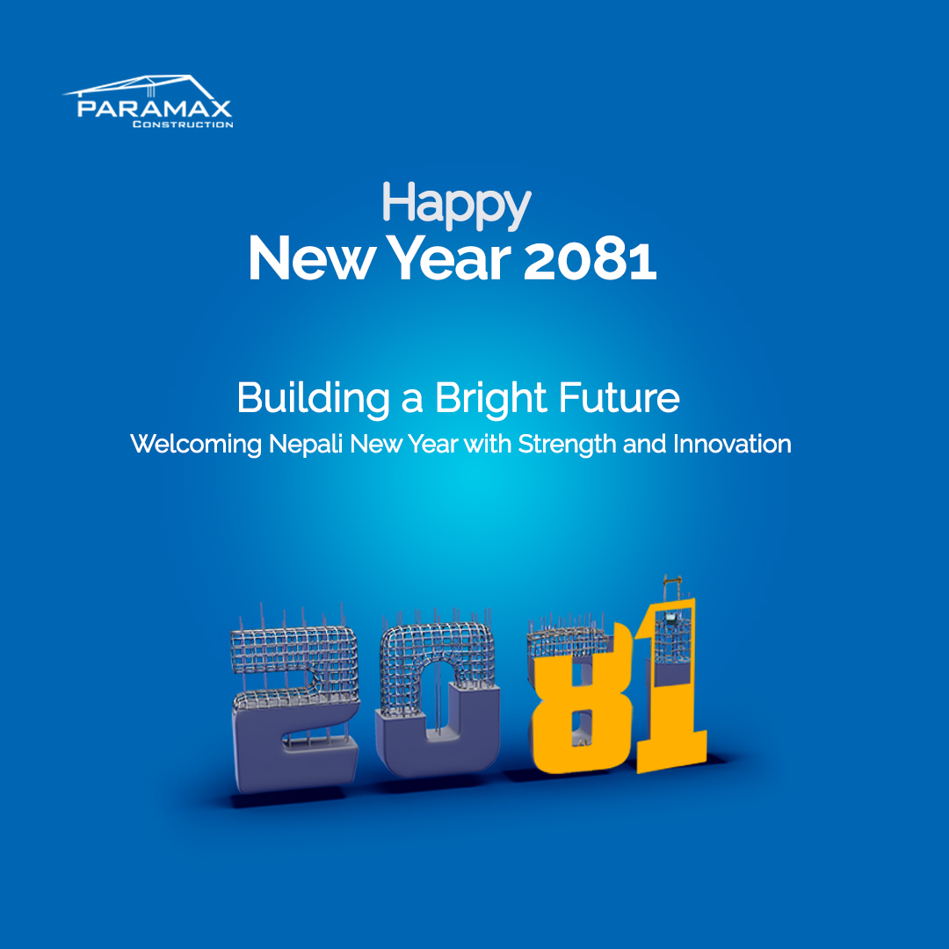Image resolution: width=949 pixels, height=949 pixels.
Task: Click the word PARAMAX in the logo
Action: (155, 108)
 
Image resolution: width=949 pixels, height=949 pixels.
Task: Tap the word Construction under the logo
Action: (183, 124)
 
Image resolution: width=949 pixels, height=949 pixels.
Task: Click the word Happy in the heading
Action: (456, 206)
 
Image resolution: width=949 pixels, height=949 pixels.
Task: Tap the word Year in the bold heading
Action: (448, 258)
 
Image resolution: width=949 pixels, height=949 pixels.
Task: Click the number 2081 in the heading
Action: (590, 259)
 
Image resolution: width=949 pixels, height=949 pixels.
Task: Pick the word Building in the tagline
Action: (313, 399)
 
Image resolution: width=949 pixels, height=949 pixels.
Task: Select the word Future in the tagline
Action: (619, 398)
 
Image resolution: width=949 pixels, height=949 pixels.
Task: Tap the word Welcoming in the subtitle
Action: (195, 445)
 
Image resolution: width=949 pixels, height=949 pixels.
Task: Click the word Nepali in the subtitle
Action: (306, 445)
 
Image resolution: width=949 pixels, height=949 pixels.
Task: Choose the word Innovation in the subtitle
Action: (732, 444)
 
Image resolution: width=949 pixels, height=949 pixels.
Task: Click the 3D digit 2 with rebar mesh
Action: (295, 708)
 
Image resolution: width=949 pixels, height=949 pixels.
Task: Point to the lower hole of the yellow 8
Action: (581, 728)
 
